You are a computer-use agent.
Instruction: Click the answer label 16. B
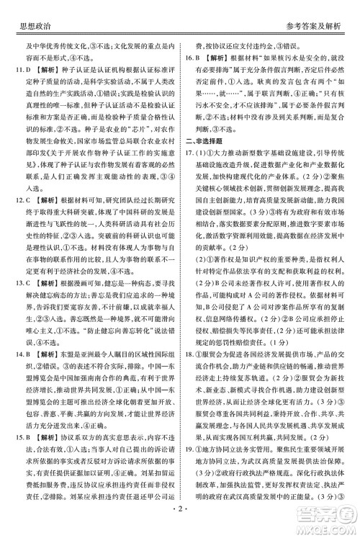pyautogui.click(x=192, y=58)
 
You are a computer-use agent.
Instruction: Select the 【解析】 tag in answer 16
pyautogui.click(x=218, y=58)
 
